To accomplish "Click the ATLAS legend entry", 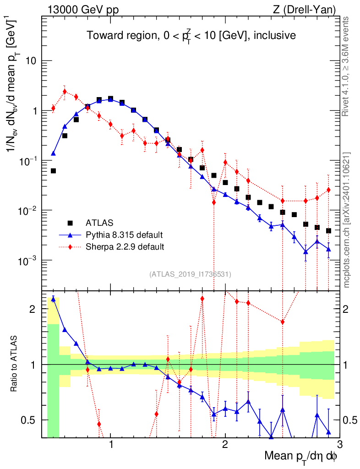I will coord(99,223).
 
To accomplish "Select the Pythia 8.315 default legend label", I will coord(124,235).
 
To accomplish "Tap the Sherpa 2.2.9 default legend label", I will coord(125,247).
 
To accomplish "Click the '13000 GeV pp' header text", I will coord(82,9).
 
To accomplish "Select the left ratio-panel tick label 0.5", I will coord(30,420).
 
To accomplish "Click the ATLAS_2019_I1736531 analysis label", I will coord(190,274).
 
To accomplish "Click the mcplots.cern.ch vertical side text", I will coord(347,220).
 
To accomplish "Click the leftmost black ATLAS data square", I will coord(53,171).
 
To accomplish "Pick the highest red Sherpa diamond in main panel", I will coord(65,92).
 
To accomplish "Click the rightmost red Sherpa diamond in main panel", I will coord(328,190).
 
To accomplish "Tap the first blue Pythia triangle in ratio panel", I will coord(53,299).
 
